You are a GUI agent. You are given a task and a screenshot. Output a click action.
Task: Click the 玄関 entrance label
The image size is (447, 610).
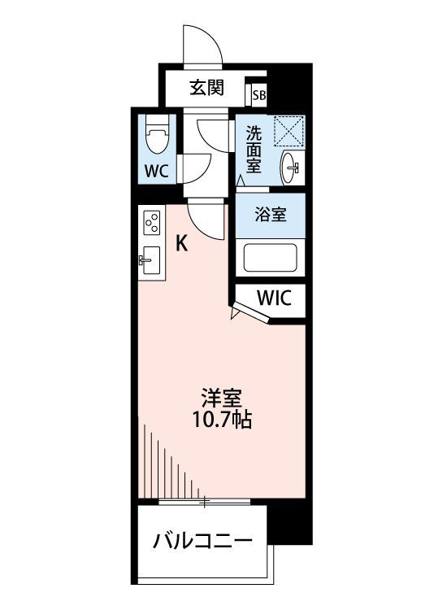coord(206,88)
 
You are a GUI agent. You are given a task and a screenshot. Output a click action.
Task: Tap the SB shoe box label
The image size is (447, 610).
coord(259,95)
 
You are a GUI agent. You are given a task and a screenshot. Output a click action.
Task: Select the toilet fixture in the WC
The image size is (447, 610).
coord(158,134)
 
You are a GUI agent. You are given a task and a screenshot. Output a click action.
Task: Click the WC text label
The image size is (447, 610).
coord(157,171)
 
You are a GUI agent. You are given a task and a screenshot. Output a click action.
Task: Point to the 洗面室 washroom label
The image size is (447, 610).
coord(254,150)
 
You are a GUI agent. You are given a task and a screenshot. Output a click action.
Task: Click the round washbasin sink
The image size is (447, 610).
coord(290,168)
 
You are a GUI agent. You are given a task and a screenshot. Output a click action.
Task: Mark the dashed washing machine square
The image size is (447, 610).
coord(289,131)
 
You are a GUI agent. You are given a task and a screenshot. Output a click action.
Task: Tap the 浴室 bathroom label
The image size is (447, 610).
coord(271,215)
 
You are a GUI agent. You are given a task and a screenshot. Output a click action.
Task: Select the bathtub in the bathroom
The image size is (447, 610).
coord(271,258)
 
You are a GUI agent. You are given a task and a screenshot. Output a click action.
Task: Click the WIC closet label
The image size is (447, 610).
coord(274,298)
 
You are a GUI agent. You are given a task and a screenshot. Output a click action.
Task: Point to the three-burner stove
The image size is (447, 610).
coord(152,223)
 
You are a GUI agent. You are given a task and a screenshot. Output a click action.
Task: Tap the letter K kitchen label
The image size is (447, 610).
coord(182,244)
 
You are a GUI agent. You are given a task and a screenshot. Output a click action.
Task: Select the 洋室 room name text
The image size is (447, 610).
coord(222,399)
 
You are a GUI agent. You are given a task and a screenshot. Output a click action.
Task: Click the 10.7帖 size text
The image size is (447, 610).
coord(223,420)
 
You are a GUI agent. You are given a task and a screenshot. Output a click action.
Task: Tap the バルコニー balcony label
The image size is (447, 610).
coord(202,540)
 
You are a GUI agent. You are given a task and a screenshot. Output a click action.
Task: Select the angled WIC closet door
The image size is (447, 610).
coord(250,312)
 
